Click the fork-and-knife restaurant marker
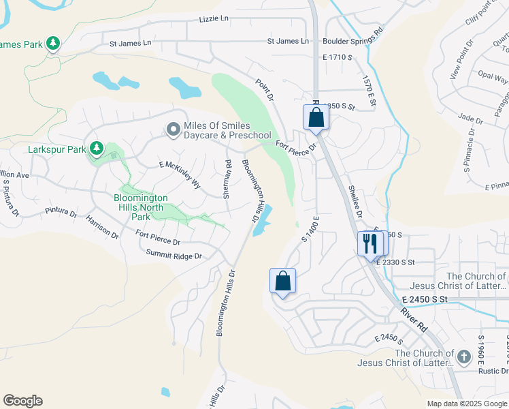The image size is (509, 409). (x=370, y=244)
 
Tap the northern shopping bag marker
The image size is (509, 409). (x=316, y=117)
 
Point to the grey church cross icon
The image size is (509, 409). (x=463, y=357)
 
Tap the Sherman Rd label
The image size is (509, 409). (x=227, y=179)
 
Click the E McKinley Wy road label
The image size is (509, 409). (x=180, y=175)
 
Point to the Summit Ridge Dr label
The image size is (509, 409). (x=174, y=255)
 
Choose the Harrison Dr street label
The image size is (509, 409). (x=102, y=226)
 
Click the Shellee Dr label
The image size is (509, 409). (x=354, y=198)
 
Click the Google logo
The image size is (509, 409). (x=22, y=401)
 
